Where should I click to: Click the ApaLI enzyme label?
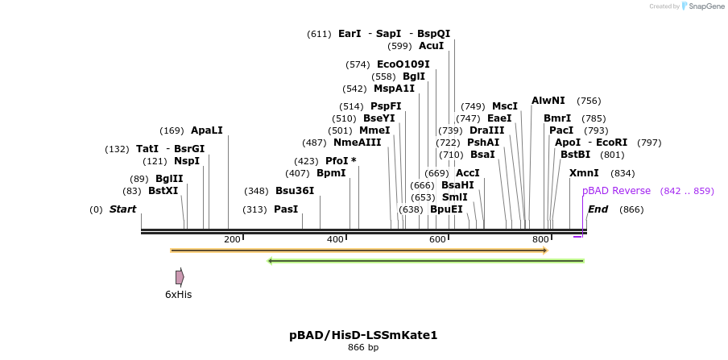(x=206, y=130)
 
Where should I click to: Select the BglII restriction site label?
(x=169, y=179)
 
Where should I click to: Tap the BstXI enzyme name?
(x=163, y=191)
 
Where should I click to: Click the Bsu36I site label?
(x=295, y=191)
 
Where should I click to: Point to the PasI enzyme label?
(x=286, y=209)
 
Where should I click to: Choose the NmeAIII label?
(x=357, y=143)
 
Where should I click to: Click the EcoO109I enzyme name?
(x=403, y=64)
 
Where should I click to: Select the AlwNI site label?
(x=548, y=101)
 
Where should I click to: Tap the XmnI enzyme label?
(x=584, y=173)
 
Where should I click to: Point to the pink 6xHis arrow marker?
(x=180, y=277)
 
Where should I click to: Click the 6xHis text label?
(x=179, y=295)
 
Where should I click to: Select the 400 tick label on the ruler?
(x=335, y=239)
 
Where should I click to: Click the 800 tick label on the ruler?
(x=540, y=239)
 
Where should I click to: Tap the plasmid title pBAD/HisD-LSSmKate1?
(x=363, y=335)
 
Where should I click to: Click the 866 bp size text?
(x=363, y=348)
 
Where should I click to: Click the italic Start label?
(x=122, y=209)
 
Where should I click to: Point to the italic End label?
(x=598, y=209)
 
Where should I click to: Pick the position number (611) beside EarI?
(x=319, y=34)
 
